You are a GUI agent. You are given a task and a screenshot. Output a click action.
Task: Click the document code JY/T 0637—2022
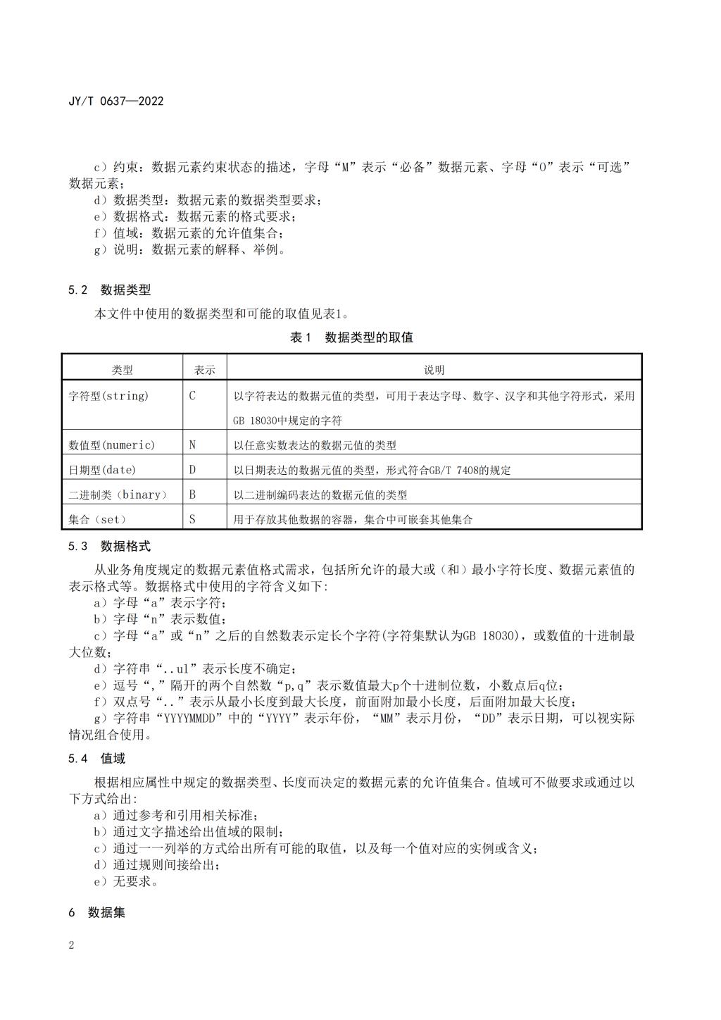[x=115, y=101]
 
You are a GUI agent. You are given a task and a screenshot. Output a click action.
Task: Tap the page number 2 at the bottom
[x=71, y=945]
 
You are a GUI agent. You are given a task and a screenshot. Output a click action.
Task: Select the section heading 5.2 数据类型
[x=109, y=290]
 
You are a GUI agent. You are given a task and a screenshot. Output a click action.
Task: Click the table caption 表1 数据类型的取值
[x=351, y=337]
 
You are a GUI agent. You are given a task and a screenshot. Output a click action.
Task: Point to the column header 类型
[x=122, y=370]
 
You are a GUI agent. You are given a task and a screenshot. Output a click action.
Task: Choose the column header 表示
[x=205, y=370]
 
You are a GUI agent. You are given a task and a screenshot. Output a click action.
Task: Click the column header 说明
[x=434, y=370]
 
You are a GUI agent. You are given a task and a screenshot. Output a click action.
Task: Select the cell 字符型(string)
[x=108, y=396]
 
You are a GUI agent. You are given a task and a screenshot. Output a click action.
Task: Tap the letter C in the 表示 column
[x=192, y=396]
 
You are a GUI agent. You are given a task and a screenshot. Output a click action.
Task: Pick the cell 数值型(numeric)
[x=111, y=445]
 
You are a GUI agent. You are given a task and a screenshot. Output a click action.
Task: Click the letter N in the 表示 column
[x=192, y=445]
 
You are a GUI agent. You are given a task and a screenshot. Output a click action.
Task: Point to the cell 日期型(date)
[x=102, y=470]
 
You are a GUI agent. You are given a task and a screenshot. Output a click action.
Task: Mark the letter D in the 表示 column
[x=192, y=470]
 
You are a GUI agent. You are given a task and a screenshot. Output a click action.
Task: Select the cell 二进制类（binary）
[x=118, y=495]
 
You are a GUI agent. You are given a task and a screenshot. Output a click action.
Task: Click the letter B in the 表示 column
[x=192, y=495]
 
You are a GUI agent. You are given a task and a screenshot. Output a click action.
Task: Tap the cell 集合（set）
[x=98, y=519]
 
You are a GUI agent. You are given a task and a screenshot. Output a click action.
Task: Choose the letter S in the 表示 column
[x=192, y=519]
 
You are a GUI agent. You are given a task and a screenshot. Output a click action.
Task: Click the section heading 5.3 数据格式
[x=109, y=546]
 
